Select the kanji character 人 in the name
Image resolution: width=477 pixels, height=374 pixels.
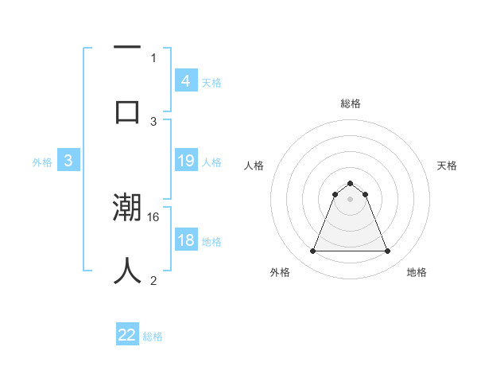click(127, 271)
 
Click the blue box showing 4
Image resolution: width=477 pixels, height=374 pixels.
click(185, 80)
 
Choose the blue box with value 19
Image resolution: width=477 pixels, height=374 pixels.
click(185, 161)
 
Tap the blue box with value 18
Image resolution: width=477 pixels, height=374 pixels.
click(185, 240)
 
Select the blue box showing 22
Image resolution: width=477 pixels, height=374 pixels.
click(127, 335)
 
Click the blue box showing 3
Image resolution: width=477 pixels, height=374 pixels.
click(68, 161)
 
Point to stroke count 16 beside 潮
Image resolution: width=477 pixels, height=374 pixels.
click(154, 216)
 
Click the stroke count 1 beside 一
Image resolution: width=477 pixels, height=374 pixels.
click(153, 57)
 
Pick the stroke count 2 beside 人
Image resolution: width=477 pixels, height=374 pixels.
click(153, 280)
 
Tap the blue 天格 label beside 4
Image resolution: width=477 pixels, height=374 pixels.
click(211, 82)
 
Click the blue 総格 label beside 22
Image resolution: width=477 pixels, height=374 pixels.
click(153, 337)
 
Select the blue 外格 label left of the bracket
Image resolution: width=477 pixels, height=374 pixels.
click(42, 162)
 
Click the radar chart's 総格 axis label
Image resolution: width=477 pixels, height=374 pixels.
click(350, 103)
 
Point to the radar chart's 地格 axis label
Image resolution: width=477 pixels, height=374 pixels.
click(417, 272)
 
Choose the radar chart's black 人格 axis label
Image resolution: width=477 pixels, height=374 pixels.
click(254, 166)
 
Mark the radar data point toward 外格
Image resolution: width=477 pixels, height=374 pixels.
click(312, 251)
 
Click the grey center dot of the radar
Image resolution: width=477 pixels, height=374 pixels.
click(350, 199)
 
